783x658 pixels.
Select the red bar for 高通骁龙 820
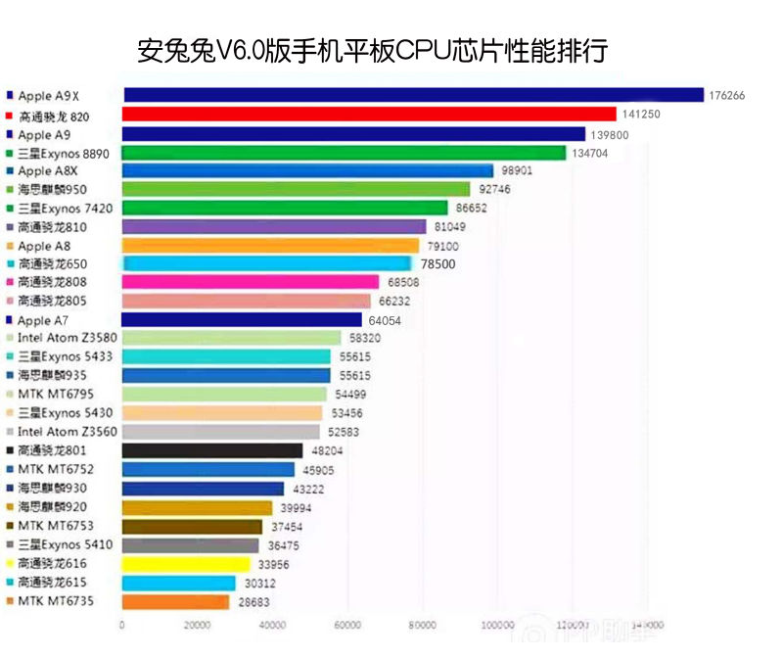369,115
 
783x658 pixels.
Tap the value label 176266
725,96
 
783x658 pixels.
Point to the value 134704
590,153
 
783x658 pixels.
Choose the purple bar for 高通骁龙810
274,227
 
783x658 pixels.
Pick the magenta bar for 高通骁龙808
250,282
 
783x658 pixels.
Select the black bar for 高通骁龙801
212,450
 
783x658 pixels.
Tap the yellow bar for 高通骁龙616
186,564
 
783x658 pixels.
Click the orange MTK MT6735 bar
175,602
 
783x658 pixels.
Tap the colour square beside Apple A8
10,246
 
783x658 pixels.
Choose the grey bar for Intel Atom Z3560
221,432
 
